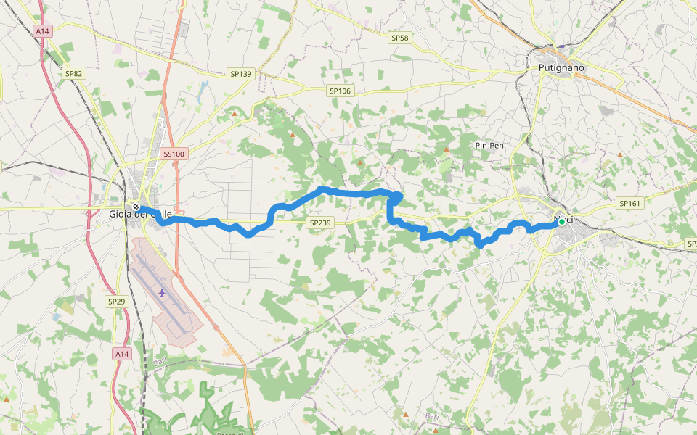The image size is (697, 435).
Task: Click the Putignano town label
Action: click(x=561, y=67)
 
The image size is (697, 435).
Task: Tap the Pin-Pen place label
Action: click(x=489, y=146)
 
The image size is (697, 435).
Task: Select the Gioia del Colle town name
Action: click(x=140, y=214)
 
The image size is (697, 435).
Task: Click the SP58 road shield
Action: click(x=400, y=38)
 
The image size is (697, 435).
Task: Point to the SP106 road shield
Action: click(x=340, y=91)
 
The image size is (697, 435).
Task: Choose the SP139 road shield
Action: click(x=240, y=74)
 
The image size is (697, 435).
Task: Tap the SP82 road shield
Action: click(x=74, y=73)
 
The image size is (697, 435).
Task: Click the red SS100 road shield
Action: click(x=174, y=154)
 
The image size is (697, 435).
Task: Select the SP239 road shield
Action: click(x=320, y=223)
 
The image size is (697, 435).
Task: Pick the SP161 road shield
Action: click(x=629, y=204)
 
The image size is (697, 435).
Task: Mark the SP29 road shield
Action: click(x=116, y=301)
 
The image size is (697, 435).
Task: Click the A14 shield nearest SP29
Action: click(x=121, y=354)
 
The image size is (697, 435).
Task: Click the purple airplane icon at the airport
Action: click(x=161, y=293)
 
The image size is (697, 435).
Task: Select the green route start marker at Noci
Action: click(x=561, y=222)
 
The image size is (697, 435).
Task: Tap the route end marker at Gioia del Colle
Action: click(x=136, y=207)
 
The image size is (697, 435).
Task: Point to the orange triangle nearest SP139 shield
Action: click(x=234, y=113)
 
